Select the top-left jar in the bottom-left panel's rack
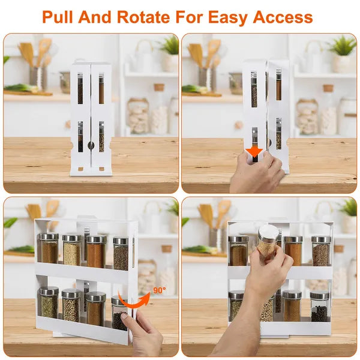pyautogui.click(x=49, y=248)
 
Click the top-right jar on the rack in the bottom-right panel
pyautogui.click(x=320, y=251)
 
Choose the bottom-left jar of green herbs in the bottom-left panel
pyautogui.click(x=49, y=303)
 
